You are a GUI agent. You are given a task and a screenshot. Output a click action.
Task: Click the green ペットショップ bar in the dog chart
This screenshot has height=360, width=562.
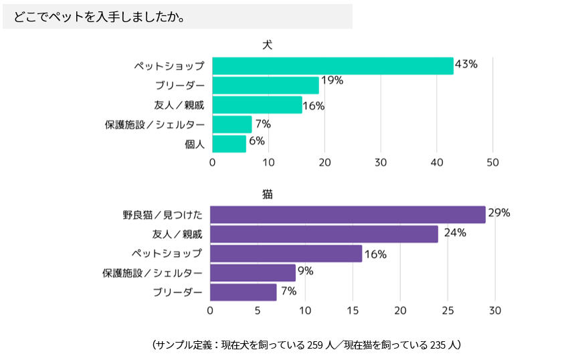point(333,66)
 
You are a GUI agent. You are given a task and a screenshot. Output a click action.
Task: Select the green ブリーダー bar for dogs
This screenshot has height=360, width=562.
point(266,85)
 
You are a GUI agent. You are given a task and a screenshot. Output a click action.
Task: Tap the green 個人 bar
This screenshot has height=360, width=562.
point(229,143)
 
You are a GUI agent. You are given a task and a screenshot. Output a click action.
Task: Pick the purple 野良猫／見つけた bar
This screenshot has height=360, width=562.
point(347,214)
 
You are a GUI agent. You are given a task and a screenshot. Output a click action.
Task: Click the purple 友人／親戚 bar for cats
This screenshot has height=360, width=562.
point(324,234)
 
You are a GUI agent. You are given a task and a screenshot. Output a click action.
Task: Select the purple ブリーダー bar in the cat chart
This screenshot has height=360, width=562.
point(243,292)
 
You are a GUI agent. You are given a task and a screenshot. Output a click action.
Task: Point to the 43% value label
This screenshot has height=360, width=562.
point(466,64)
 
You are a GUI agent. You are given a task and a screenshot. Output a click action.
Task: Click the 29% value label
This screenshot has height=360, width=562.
point(499,213)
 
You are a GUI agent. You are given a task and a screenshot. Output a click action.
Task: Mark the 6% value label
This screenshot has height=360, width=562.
point(257,141)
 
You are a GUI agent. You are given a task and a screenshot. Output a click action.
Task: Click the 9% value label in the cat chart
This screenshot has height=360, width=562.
point(305,271)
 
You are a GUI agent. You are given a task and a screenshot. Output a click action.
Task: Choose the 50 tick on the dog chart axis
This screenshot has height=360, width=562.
point(493,163)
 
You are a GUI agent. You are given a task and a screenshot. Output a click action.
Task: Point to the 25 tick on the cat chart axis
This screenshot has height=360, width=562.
point(448,310)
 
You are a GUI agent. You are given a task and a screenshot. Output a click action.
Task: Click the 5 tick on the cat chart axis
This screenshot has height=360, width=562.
point(258,310)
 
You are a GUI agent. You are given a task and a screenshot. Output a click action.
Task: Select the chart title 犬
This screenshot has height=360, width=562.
point(267,45)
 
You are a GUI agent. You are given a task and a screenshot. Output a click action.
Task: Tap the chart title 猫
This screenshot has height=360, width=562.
point(267,194)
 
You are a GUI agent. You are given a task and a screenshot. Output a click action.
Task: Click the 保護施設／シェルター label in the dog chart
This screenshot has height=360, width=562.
point(155,124)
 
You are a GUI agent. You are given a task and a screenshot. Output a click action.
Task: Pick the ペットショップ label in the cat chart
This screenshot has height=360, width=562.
point(166,253)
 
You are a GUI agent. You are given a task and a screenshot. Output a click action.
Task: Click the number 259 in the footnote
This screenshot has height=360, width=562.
point(315,345)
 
